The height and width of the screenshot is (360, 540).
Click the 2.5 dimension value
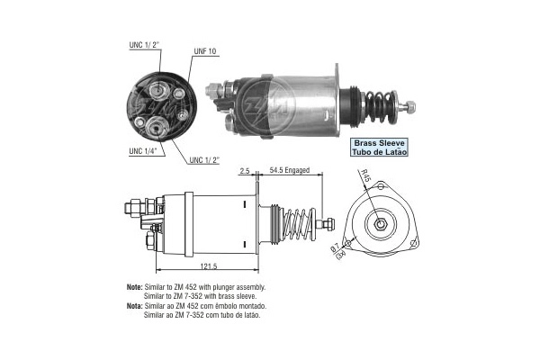tap(244, 169)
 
